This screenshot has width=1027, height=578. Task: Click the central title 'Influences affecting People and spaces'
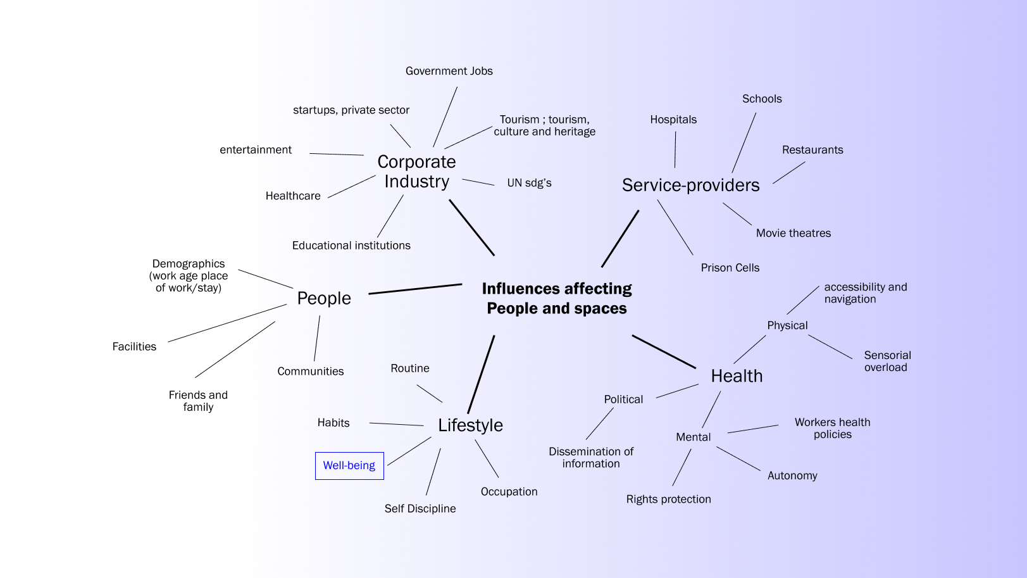(557, 298)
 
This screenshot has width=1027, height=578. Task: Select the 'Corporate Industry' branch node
(416, 172)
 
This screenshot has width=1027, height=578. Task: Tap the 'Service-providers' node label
(690, 185)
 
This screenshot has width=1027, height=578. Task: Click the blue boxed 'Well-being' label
(349, 465)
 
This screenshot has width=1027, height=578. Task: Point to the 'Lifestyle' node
(470, 425)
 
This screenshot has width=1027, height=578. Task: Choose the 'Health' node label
(737, 376)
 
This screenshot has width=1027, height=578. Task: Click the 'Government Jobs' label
(449, 71)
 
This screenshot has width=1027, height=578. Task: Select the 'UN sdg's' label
(529, 183)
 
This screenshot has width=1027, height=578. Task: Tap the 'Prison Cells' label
(730, 268)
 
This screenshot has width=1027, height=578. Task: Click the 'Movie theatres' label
(794, 233)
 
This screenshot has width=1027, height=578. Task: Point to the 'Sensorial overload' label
(887, 361)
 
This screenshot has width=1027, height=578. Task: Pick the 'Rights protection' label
(668, 499)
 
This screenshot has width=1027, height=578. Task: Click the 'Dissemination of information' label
(591, 457)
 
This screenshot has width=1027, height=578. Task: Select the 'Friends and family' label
(198, 401)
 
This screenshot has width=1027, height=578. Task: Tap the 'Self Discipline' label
(420, 508)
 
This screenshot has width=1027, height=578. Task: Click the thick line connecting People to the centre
(415, 289)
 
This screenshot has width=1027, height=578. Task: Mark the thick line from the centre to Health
(664, 351)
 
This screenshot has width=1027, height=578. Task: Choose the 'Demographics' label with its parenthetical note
(189, 275)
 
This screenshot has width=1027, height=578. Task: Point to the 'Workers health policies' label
(832, 428)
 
